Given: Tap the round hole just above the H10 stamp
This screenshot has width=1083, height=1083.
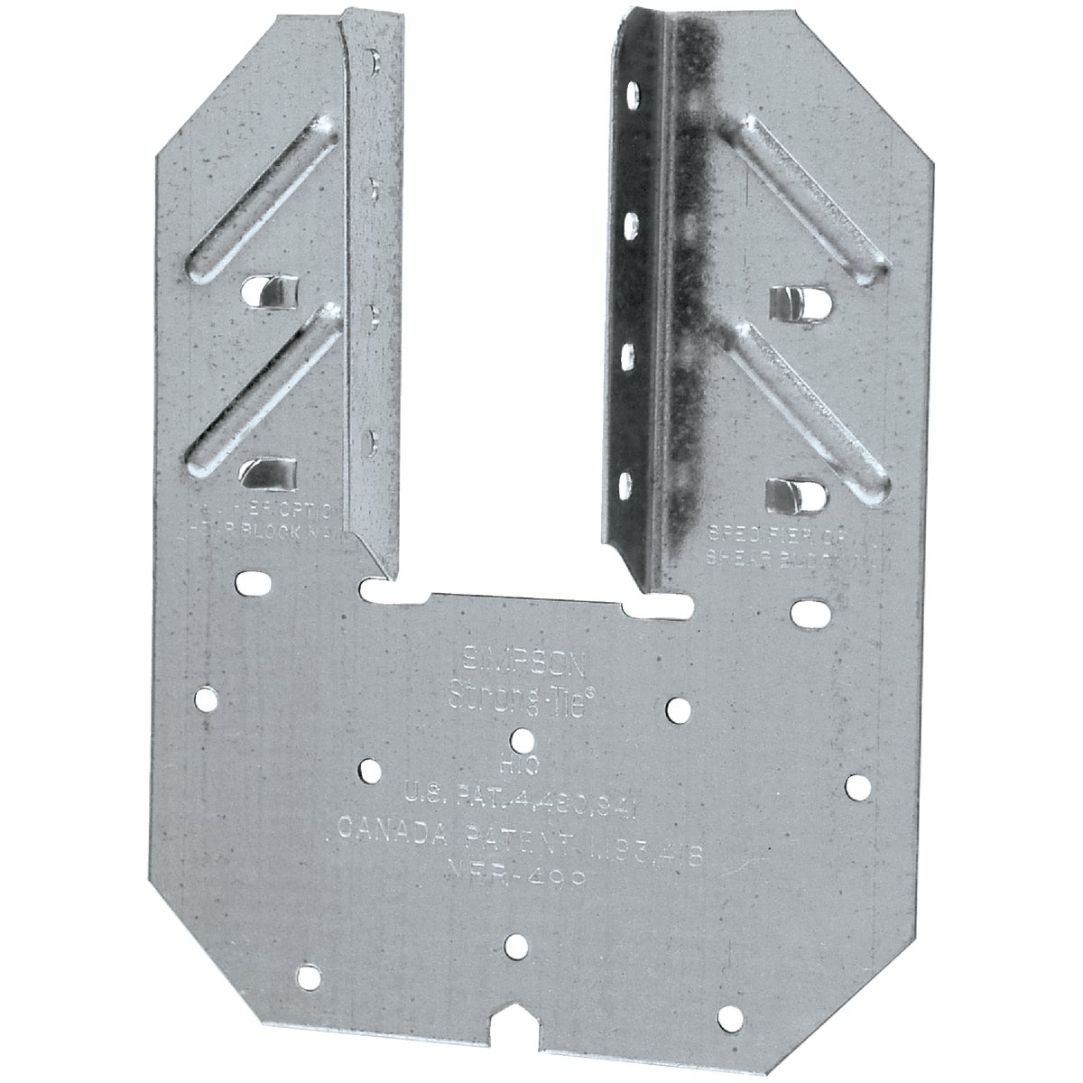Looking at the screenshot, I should coord(521,739).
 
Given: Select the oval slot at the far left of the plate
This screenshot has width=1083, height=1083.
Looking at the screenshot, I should coord(252,579).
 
